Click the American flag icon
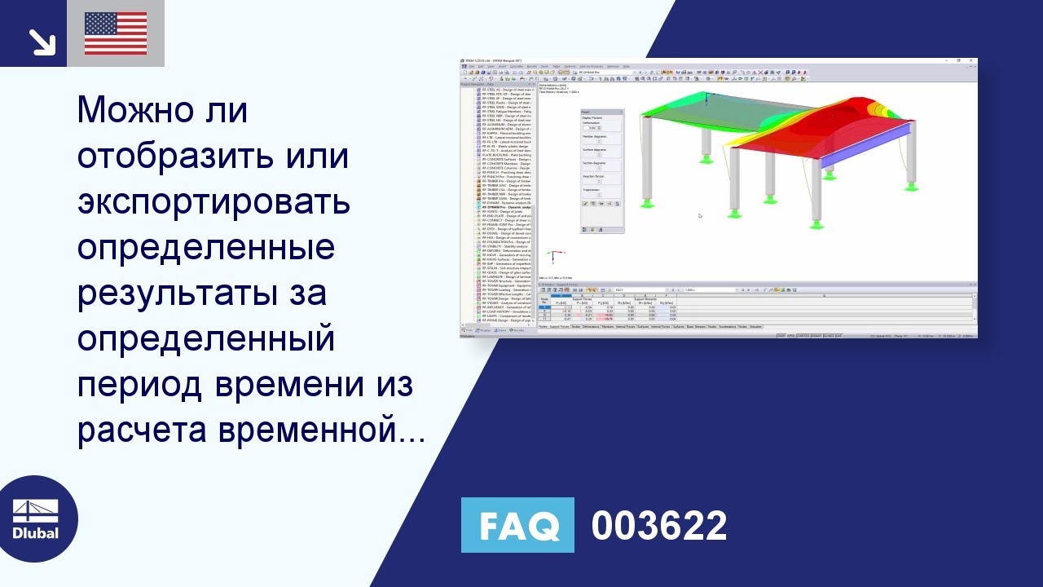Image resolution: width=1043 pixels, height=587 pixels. click(x=116, y=33)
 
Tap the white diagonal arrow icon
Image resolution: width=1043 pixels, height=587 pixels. click(x=40, y=40)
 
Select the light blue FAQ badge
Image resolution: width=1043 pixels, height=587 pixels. click(x=517, y=525)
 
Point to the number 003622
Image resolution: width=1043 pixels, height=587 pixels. click(x=658, y=526)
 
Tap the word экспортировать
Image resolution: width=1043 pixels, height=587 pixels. click(x=214, y=202)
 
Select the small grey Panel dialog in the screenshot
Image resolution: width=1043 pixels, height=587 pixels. click(x=601, y=171)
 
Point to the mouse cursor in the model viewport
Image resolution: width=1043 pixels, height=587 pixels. click(x=700, y=216)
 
